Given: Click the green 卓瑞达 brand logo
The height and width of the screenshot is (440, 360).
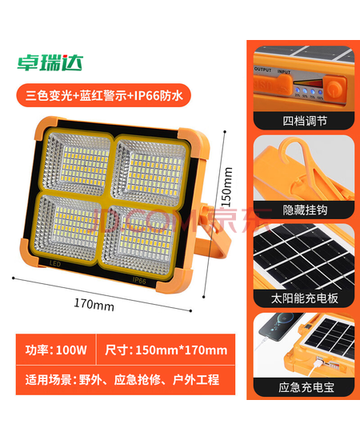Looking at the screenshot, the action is (x=50, y=62).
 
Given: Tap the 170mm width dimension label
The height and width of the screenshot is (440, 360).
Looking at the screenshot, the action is (x=94, y=305).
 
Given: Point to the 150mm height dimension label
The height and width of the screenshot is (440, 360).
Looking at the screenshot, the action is (x=226, y=186).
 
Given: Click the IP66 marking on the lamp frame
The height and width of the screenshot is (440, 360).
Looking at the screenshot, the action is (x=139, y=280).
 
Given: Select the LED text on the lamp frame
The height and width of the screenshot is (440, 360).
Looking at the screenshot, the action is (x=55, y=264).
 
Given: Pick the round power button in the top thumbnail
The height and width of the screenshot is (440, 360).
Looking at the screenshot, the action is (x=335, y=88).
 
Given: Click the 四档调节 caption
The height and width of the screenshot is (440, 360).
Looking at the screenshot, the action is (x=305, y=122).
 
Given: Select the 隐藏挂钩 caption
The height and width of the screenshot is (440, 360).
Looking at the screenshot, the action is (x=305, y=210).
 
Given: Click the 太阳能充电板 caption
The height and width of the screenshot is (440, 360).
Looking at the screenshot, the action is (x=305, y=298).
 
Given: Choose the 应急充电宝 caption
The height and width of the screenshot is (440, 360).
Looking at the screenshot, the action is (x=306, y=387).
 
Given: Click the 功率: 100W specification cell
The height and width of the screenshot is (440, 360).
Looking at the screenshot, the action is (x=56, y=350).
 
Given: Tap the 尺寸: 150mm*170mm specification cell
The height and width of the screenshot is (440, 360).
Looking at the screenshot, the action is (x=166, y=350).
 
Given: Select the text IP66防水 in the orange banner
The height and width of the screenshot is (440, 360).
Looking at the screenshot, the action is (x=158, y=95).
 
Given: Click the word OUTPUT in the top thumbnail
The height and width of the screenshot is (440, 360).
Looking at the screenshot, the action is (x=262, y=70).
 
